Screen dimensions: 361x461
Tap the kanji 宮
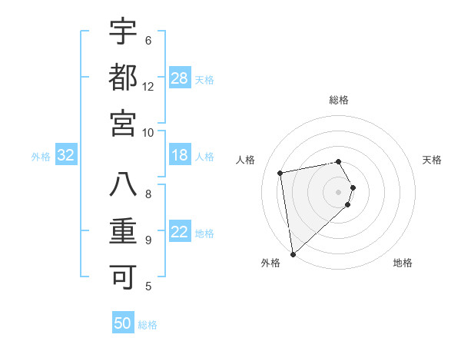(123, 122)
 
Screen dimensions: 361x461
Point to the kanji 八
(123, 184)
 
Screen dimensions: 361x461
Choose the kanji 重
(123, 230)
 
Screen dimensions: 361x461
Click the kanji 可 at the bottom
(123, 276)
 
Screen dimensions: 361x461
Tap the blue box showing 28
(180, 78)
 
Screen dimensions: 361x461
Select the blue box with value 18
(180, 156)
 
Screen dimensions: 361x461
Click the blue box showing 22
(180, 233)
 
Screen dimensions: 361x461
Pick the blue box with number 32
(65, 156)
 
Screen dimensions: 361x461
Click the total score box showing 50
(123, 323)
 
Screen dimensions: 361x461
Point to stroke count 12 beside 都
(148, 87)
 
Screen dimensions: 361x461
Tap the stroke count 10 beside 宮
(148, 132)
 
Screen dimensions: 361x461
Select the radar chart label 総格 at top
(339, 100)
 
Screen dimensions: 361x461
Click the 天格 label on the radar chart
(433, 160)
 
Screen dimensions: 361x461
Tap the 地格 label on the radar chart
(403, 263)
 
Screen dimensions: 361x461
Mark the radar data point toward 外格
(293, 253)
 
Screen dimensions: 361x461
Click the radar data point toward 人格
(280, 173)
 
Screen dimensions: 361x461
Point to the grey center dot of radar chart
(338, 191)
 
